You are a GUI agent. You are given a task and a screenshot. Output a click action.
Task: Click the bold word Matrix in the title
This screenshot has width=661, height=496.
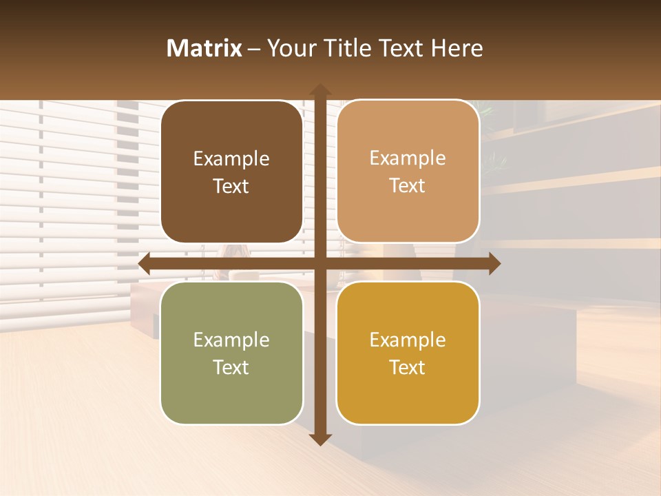(x=204, y=48)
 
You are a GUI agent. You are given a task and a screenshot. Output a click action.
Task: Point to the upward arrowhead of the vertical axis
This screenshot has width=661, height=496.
(x=320, y=90)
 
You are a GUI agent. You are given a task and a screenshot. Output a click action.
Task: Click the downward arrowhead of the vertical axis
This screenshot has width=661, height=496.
(x=320, y=439)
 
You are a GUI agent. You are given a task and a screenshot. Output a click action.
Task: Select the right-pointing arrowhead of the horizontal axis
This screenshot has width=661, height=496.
(x=494, y=264)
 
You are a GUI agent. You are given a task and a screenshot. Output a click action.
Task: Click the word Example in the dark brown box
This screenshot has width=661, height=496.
(x=231, y=159)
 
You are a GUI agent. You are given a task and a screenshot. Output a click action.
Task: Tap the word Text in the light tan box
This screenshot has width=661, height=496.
(x=408, y=186)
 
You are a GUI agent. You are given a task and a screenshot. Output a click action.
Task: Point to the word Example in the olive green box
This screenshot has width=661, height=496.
(x=231, y=340)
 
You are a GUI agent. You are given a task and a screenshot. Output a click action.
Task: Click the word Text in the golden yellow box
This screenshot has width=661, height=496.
(x=408, y=368)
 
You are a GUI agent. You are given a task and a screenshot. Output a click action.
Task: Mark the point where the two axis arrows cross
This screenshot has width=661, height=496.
(x=320, y=264)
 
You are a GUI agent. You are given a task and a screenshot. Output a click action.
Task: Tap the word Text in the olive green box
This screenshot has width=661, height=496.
(x=231, y=368)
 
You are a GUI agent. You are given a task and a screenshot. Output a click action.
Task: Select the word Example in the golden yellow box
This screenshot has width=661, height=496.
(x=408, y=340)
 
